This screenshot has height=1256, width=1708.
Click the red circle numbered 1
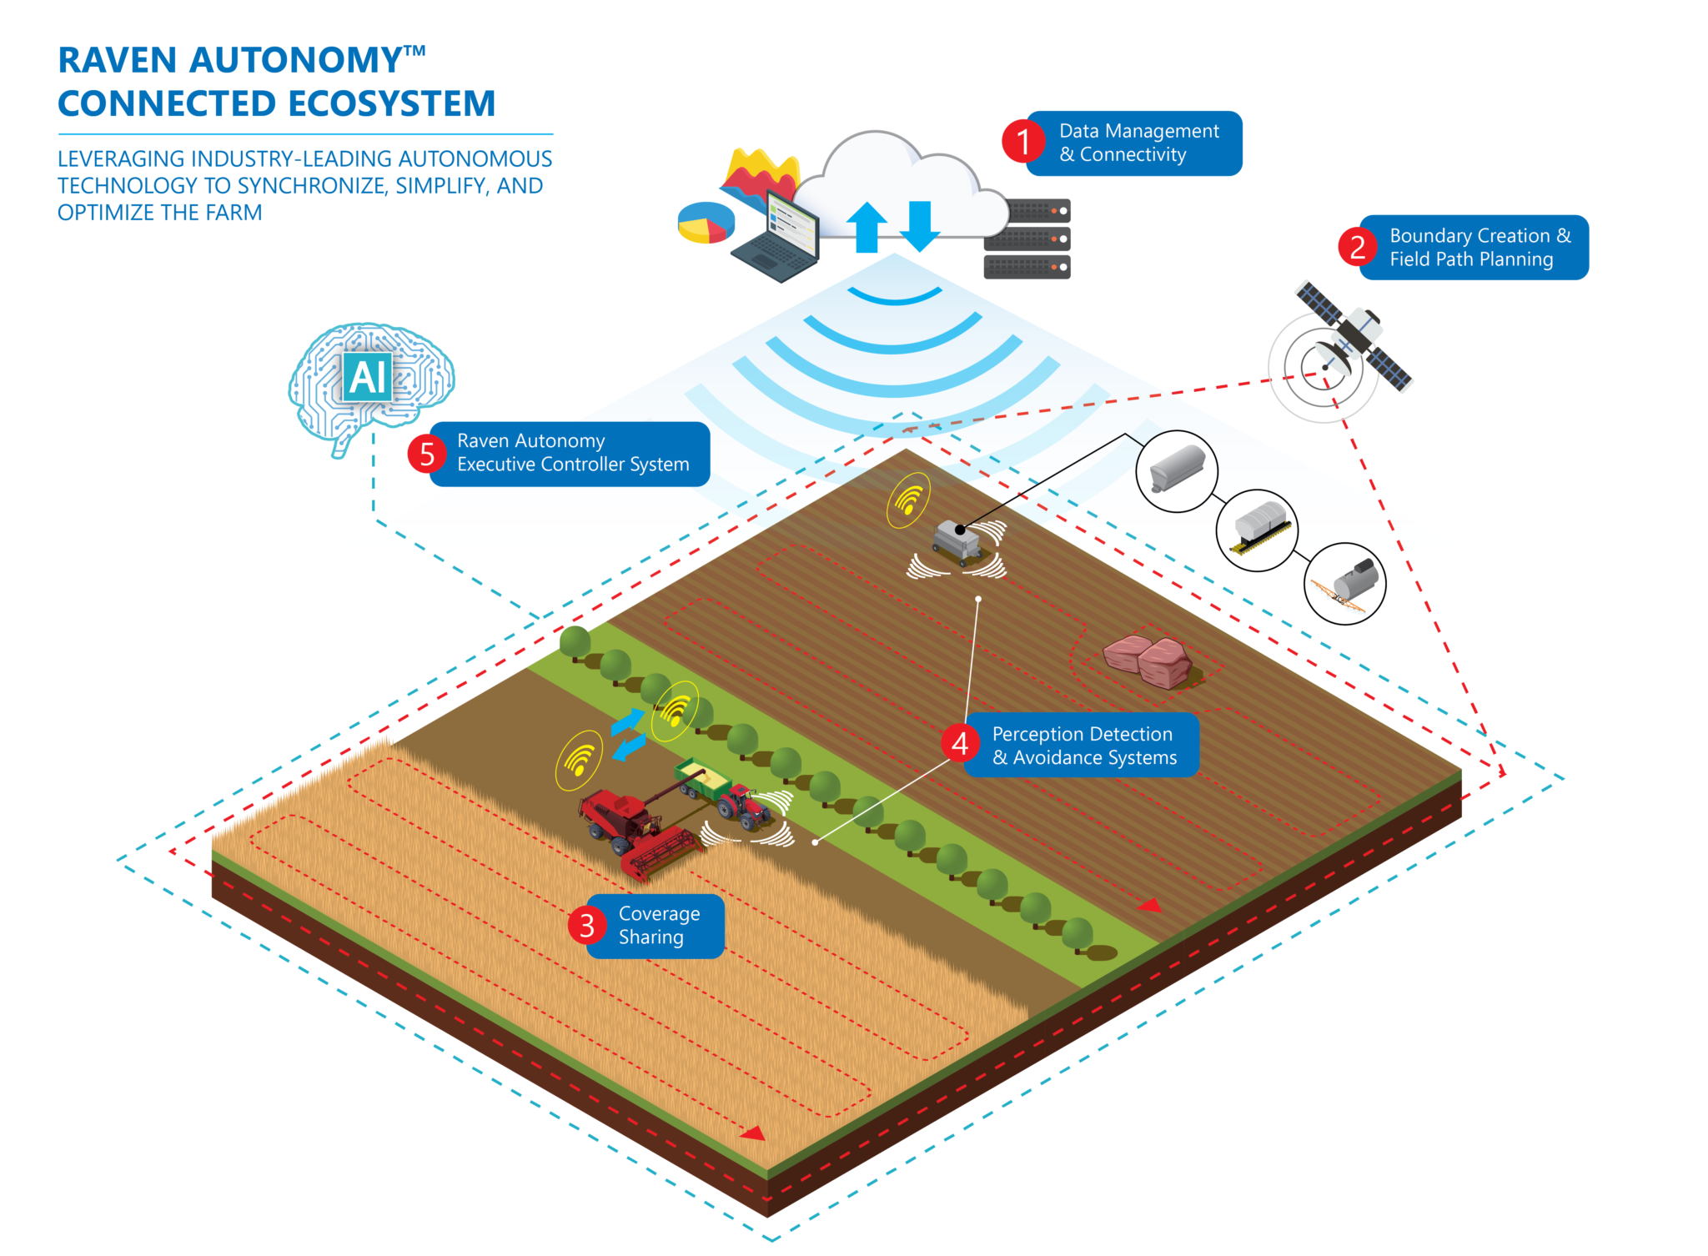pyautogui.click(x=1023, y=141)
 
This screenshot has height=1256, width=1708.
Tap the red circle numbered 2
pyautogui.click(x=1358, y=247)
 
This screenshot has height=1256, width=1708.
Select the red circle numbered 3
pyautogui.click(x=587, y=926)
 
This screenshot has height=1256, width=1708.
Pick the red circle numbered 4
pyautogui.click(x=960, y=742)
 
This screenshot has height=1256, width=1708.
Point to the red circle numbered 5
pyautogui.click(x=427, y=454)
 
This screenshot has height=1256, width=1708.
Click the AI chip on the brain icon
pyautogui.click(x=368, y=377)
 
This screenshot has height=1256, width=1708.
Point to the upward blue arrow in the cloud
pyautogui.click(x=867, y=226)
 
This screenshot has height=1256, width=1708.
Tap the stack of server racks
pyautogui.click(x=1027, y=239)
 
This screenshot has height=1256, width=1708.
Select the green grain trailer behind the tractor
pyautogui.click(x=702, y=779)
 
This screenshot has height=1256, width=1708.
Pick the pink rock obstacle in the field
pyautogui.click(x=1148, y=659)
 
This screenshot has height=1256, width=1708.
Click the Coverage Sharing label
pyautogui.click(x=659, y=926)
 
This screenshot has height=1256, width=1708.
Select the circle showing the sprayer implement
pyautogui.click(x=1344, y=584)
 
